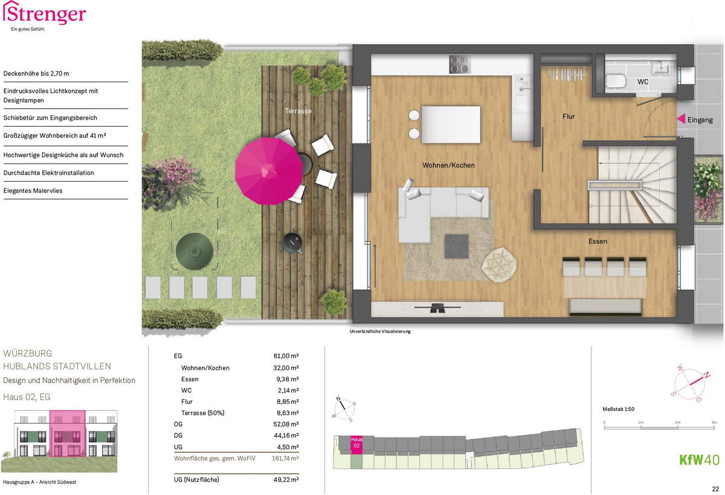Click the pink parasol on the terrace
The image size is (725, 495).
pos(269,171)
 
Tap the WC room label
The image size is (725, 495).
pos(643,82)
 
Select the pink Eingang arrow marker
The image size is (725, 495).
pos(681,119)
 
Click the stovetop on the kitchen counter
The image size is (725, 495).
pos(460,65)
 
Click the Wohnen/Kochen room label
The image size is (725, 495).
pos(448,165)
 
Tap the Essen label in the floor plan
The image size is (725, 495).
pos(598,241)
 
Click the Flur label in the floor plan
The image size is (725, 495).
pos(569,117)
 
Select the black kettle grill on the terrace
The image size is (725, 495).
pos(292,243)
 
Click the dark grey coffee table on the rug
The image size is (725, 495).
pos(456,246)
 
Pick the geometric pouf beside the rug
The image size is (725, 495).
pos(499,265)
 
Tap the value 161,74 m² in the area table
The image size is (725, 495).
pos(285,458)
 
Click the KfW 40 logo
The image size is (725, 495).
pos(699,459)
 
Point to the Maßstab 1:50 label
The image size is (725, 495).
pos(618,409)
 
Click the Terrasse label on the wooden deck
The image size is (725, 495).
pos(298,111)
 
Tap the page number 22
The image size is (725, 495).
pos(715,489)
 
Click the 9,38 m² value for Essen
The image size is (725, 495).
pos(288,379)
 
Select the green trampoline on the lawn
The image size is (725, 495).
pos(194,252)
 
